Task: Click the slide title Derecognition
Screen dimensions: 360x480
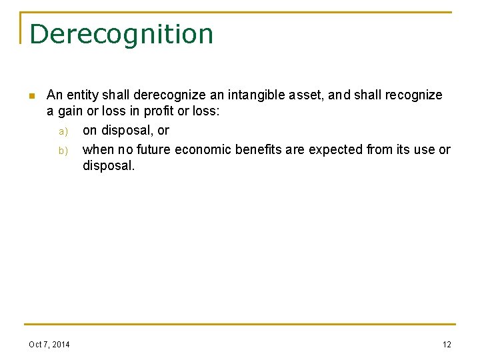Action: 121,34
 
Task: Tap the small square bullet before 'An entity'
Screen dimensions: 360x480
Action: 31,95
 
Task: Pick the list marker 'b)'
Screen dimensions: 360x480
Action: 63,150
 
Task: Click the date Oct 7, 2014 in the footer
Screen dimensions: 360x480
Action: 49,344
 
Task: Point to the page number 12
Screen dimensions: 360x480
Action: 447,344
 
